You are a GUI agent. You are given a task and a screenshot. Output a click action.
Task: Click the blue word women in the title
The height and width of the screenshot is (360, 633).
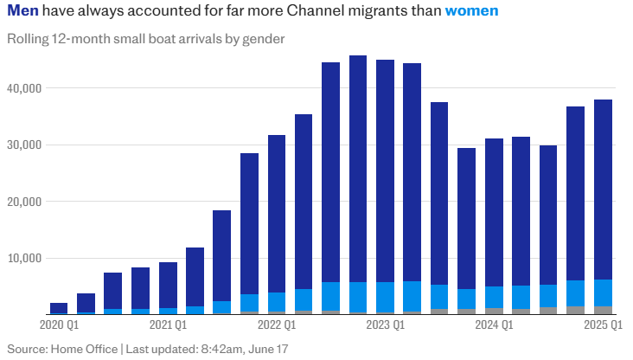pos(471,13)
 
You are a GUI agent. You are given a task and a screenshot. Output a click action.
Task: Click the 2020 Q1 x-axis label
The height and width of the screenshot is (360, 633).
pos(59,326)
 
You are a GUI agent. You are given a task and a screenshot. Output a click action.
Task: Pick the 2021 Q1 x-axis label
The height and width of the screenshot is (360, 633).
pos(168,326)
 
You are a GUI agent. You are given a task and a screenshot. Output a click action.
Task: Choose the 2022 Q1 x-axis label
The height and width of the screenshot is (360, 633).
pos(277,326)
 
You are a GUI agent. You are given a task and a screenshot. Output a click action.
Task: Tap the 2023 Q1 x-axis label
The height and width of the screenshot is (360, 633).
pos(386,326)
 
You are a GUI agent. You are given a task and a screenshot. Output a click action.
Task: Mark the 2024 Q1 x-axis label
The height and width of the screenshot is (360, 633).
pos(495,326)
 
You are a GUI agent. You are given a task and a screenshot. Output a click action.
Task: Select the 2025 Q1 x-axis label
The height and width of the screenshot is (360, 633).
pos(603,326)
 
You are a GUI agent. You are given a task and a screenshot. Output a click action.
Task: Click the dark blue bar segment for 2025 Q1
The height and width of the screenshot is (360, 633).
pos(603,190)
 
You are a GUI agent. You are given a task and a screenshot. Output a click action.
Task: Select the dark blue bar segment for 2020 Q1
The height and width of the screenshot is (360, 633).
pos(59,307)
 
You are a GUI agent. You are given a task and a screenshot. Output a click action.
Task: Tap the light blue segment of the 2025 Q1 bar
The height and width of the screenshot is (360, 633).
pos(603,293)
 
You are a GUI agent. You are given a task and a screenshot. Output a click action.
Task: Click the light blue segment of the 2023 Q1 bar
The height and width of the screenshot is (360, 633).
pos(386,296)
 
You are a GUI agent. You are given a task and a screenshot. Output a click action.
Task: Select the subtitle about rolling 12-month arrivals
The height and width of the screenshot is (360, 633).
pos(146,39)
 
